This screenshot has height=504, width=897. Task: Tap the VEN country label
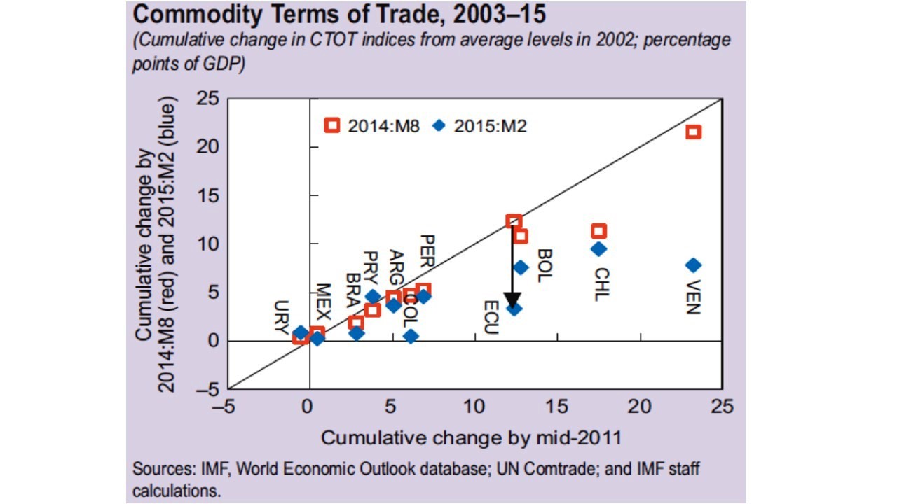693,297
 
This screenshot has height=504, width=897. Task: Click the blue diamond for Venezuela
693,265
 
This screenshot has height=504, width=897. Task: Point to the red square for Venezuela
693,132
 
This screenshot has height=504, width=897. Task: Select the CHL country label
601,284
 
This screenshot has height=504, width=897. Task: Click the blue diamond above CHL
598,248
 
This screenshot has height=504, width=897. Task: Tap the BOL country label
545,266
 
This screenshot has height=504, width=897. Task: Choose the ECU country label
490,318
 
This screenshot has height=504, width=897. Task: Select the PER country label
427,251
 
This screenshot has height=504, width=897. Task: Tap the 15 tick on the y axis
207,196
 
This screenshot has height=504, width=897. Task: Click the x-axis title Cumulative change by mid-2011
471,438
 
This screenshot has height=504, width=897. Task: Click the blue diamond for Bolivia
521,267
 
